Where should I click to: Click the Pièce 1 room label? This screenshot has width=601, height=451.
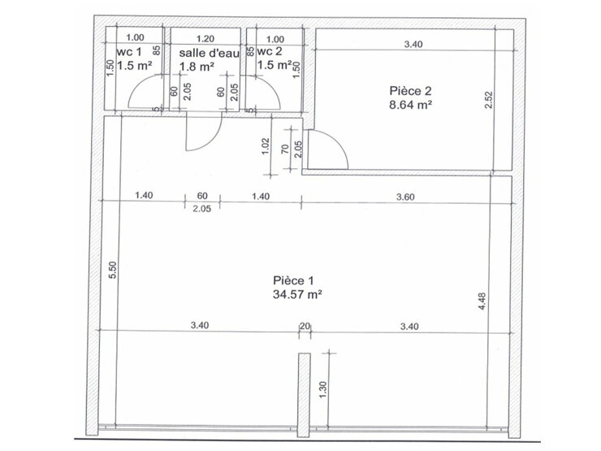pos(293,280)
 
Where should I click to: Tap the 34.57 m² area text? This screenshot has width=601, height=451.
pos(297,294)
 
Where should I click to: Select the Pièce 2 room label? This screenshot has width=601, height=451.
pos(410,91)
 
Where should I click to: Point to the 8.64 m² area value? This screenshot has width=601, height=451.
pos(411,105)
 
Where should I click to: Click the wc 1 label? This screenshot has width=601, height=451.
pos(129,52)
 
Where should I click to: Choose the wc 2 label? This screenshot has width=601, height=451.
pos(270,51)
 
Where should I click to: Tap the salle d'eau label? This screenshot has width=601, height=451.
pos(209,53)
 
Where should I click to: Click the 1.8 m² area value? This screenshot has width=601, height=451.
pos(197,67)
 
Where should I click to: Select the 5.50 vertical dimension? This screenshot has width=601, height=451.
pos(112,270)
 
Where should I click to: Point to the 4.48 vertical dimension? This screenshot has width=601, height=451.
pos(482,301)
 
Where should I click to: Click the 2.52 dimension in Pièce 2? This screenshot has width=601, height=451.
pos(488,100)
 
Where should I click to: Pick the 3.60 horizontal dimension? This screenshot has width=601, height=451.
pos(405,197)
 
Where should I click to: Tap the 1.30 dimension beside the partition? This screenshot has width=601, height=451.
pos(323,389)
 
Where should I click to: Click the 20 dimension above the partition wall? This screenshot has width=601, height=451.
pos(305,327)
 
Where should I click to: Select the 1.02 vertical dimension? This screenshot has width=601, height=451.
pos(266,146)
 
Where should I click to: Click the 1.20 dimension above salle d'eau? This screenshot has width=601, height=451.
pos(205,39)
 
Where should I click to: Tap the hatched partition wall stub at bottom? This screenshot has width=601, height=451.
pos(304,395)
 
